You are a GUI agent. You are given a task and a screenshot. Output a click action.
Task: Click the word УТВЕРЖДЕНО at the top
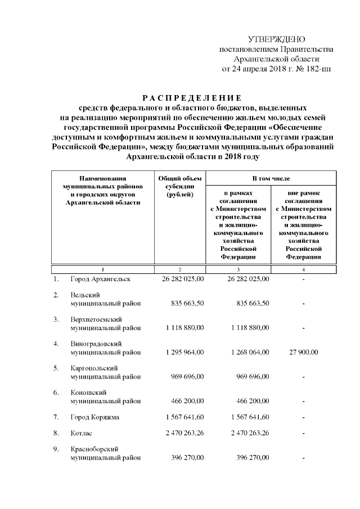(x=276, y=39)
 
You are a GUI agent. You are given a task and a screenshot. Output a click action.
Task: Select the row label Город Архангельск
(x=100, y=279)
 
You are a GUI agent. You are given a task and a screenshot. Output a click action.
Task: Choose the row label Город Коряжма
(x=94, y=417)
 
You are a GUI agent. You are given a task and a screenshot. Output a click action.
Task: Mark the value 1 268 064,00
(x=247, y=353)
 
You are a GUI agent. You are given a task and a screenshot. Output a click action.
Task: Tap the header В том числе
(x=271, y=178)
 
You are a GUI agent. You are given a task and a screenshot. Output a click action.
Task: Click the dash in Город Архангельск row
(x=303, y=280)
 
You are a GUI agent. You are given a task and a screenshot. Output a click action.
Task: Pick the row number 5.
(x=56, y=368)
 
